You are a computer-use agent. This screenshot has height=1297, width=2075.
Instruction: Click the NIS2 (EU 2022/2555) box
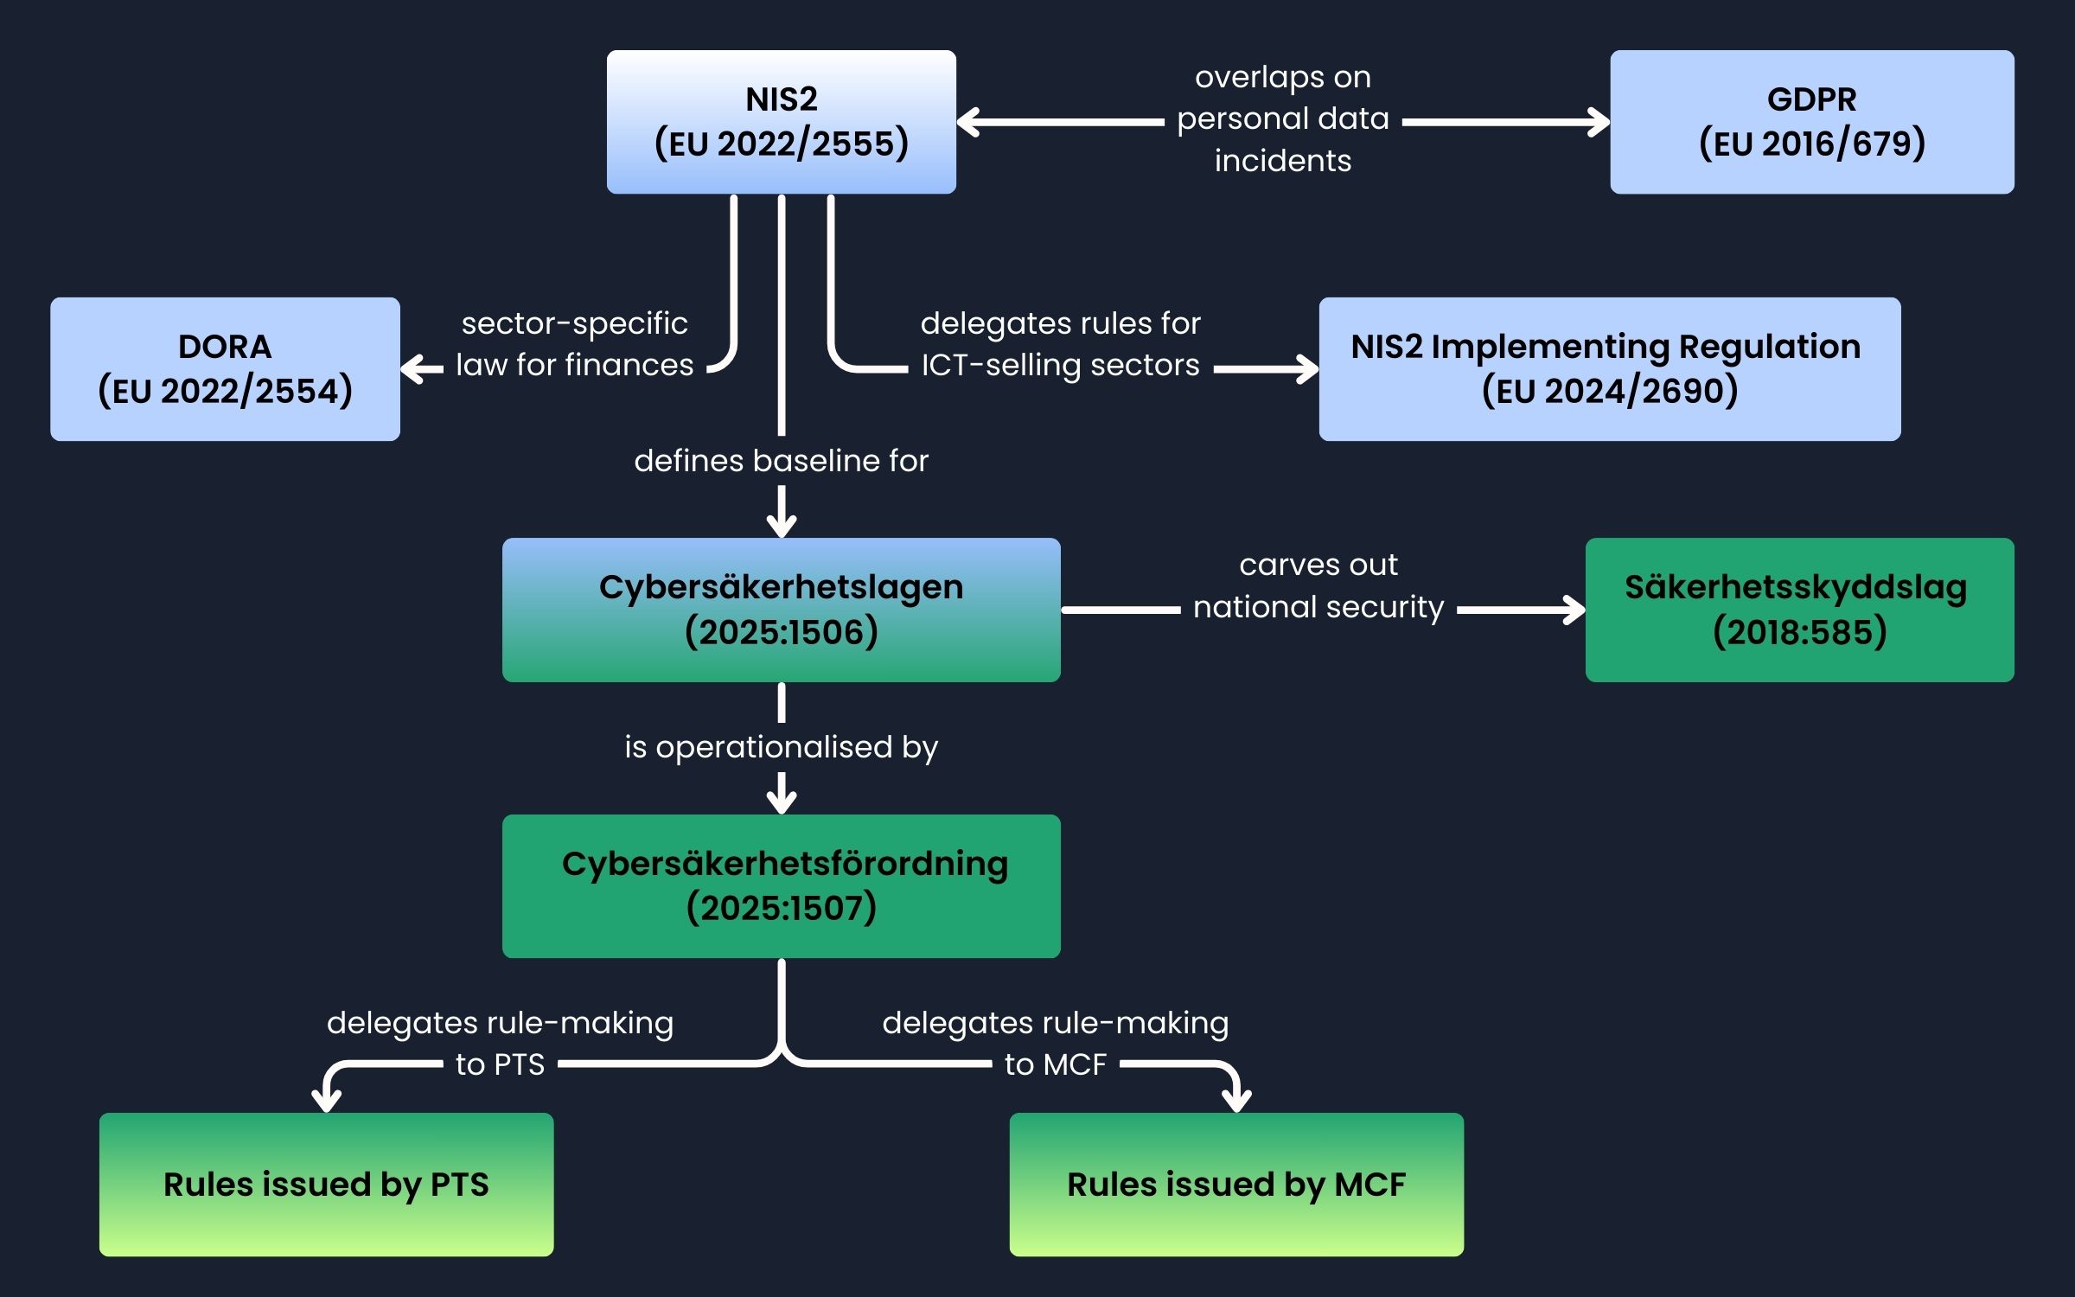pos(781,122)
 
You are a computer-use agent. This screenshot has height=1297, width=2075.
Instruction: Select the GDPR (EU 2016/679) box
pos(1811,122)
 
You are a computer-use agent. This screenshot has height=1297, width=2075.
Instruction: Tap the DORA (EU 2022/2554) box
pos(225,369)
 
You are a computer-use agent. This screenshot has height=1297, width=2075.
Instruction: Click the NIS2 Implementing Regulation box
pos(1609,369)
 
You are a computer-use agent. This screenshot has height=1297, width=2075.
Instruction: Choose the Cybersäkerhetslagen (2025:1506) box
pos(781,610)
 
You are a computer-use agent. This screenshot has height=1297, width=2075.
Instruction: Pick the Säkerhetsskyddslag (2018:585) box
pos(1799,610)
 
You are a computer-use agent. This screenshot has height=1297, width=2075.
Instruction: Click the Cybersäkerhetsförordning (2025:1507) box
pos(781,885)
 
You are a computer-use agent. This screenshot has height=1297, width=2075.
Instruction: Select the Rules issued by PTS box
pos(326,1184)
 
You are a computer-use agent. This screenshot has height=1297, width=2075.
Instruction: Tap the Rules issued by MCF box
pos(1236,1184)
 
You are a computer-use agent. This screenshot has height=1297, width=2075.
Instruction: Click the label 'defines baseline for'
pos(781,461)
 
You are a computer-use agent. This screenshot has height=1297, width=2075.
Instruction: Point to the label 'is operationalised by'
pos(781,747)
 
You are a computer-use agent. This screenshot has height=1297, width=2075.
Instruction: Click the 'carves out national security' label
pos(1318,586)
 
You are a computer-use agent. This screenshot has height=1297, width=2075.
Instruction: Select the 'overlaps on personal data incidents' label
pos(1282,119)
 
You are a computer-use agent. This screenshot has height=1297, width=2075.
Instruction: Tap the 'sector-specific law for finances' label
pos(574,344)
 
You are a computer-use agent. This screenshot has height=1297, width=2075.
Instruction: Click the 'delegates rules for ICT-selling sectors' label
pos(1060,344)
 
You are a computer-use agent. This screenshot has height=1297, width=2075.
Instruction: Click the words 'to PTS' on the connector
pos(500,1064)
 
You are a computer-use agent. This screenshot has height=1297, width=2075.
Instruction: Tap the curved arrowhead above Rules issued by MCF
pos(1236,1101)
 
